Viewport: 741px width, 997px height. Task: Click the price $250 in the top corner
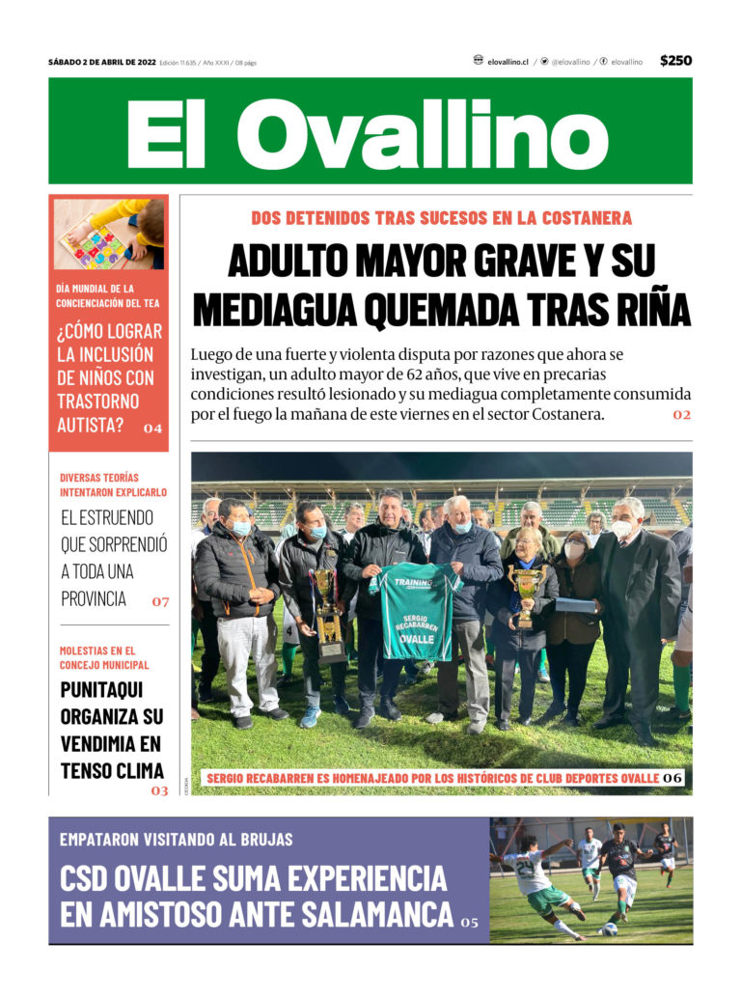[x=675, y=61]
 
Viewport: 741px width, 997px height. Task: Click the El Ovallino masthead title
[x=370, y=131]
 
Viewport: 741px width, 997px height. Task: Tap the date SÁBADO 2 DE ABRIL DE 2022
[x=101, y=63]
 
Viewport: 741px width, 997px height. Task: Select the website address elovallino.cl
[x=508, y=62]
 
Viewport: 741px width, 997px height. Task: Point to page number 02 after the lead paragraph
[x=682, y=415]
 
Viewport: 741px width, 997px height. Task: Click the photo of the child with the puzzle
[x=109, y=234]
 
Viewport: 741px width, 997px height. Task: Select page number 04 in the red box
[x=152, y=428]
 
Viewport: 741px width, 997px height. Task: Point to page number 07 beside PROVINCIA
[x=160, y=601]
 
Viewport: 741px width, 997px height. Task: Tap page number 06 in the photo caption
[x=672, y=777]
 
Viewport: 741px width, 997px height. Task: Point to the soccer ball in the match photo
[x=609, y=929]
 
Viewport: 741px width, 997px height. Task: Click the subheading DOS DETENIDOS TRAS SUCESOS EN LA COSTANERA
[x=441, y=218]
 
